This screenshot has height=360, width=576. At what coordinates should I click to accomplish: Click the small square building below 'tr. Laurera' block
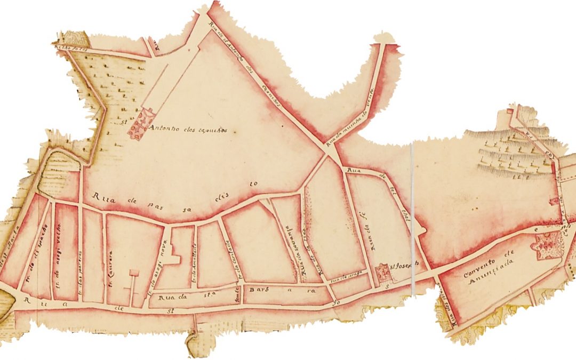(134, 273)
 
